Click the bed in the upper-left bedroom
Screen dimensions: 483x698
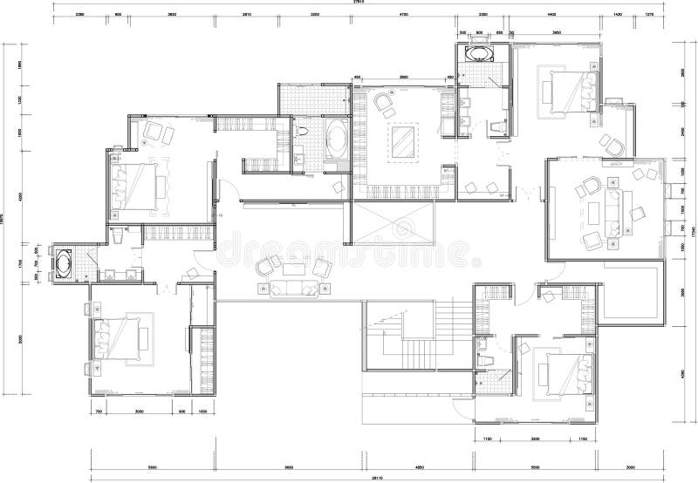click(x=138, y=184)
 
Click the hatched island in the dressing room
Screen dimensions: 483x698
click(x=403, y=140)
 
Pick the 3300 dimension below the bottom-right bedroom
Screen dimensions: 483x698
click(x=537, y=439)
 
